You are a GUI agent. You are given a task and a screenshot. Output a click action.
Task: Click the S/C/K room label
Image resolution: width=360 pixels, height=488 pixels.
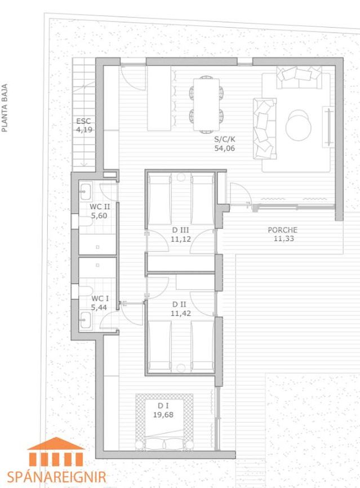click(x=225, y=139)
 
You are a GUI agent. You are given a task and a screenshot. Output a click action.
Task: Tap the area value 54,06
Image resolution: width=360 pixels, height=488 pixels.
click(x=225, y=148)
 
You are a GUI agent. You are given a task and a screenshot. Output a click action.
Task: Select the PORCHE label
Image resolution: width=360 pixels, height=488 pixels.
click(x=283, y=230)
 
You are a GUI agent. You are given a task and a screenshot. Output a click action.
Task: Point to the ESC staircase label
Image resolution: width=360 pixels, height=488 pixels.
click(x=83, y=121)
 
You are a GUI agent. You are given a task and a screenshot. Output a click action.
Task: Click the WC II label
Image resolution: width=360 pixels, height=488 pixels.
click(x=100, y=207)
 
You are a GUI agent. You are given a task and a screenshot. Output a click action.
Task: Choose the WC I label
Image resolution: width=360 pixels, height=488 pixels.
click(x=100, y=298)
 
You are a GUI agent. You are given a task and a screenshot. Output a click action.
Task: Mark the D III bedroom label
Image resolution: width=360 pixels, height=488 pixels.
click(x=181, y=230)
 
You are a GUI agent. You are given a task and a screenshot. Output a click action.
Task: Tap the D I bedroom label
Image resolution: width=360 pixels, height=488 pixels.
click(x=163, y=405)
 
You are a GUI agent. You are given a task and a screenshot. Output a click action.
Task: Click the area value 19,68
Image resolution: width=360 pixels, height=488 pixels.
click(x=163, y=415)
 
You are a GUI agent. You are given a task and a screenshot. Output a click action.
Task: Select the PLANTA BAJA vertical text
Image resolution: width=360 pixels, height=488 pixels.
click(x=5, y=108)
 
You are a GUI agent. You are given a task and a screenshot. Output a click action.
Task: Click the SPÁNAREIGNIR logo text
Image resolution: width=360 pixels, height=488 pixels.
click(x=56, y=477)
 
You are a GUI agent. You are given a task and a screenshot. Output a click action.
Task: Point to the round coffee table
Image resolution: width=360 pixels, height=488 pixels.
click(x=299, y=125)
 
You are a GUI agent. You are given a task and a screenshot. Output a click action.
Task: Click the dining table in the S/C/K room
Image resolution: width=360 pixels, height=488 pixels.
click(x=206, y=104)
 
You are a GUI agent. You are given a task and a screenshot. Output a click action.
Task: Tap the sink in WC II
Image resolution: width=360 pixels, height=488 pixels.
click(x=85, y=191)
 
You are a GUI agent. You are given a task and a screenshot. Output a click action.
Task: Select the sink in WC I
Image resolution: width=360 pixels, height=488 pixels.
click(x=85, y=320)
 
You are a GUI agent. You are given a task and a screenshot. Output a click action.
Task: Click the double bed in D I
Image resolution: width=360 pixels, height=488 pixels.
click(x=164, y=422)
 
